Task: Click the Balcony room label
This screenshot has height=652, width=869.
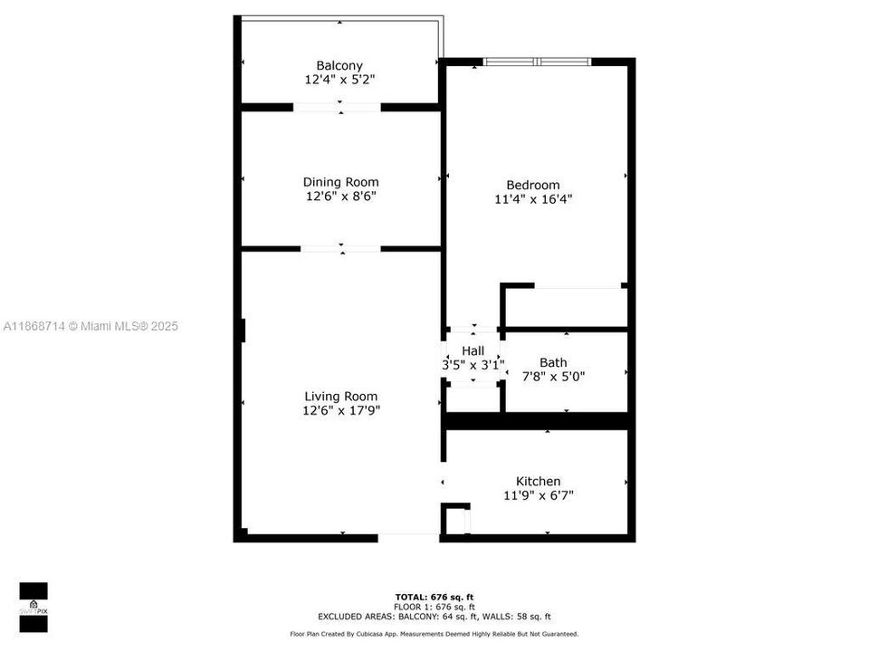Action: pyautogui.click(x=339, y=65)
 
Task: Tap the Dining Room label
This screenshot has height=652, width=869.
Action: pyautogui.click(x=340, y=182)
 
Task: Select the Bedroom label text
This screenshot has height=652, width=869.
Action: pyautogui.click(x=533, y=185)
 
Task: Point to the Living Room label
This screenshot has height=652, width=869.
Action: pyautogui.click(x=340, y=396)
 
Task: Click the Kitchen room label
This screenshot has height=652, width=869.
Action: pyautogui.click(x=539, y=481)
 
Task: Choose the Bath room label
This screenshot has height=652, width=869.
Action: pyautogui.click(x=553, y=362)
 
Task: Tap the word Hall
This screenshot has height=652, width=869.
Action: pyautogui.click(x=473, y=350)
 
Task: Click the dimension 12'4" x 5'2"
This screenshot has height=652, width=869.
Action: pyautogui.click(x=339, y=80)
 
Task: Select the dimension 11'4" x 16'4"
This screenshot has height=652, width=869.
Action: pyautogui.click(x=533, y=199)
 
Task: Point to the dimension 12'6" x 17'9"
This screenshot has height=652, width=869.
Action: pyautogui.click(x=340, y=410)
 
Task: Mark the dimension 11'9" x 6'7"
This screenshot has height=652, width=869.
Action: pyautogui.click(x=539, y=495)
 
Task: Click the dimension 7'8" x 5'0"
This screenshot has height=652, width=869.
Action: pyautogui.click(x=553, y=376)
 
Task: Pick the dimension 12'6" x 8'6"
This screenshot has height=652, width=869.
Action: pyautogui.click(x=340, y=196)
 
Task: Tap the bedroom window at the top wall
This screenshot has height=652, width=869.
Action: pyautogui.click(x=538, y=62)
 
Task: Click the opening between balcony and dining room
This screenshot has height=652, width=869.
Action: pyautogui.click(x=337, y=107)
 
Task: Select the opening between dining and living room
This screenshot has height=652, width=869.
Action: pyautogui.click(x=340, y=248)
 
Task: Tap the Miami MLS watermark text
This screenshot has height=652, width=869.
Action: pyautogui.click(x=91, y=326)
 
